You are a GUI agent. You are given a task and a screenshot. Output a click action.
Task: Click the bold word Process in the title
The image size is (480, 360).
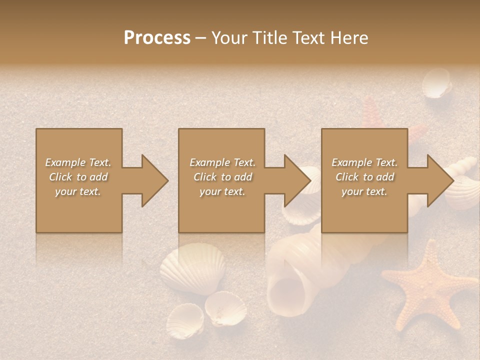coord(157,38)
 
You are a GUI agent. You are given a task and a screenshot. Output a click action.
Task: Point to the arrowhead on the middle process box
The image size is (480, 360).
coord(294,180)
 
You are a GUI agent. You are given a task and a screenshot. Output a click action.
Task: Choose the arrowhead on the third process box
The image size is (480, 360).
coord(436,180)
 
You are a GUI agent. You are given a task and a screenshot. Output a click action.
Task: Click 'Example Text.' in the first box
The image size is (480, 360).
coord(78,162)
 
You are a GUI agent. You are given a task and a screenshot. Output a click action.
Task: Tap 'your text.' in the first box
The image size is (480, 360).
coord(78,191)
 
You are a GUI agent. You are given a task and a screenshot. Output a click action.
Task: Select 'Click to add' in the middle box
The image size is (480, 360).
coord(222,177)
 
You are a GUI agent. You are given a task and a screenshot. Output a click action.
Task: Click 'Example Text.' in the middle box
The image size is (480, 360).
coord(222,162)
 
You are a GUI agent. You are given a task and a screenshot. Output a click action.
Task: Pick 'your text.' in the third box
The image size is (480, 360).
coord(364,191)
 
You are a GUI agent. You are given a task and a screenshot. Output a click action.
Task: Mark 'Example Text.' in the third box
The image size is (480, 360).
coord(364,162)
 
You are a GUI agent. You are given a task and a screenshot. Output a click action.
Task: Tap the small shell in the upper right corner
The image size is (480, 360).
coord(436,83)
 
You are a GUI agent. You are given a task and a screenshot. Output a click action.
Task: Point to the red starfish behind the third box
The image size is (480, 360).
coord(372,112)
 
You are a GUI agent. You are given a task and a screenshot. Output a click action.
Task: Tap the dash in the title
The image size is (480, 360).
coord(200,38)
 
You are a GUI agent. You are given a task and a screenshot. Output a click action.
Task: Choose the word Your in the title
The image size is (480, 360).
coord(229,38)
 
